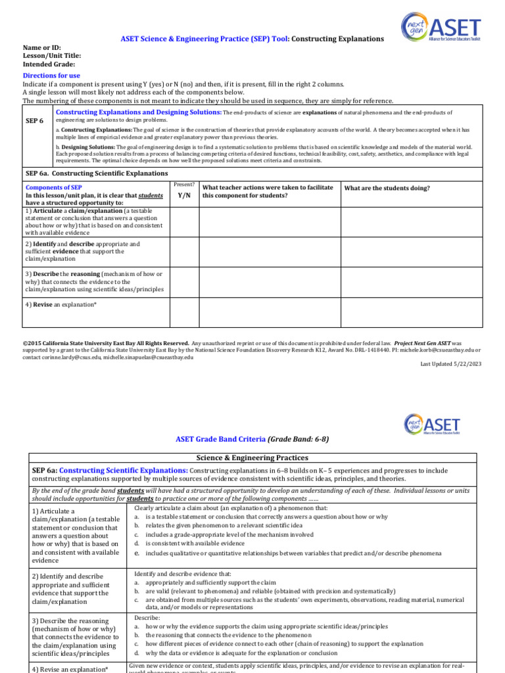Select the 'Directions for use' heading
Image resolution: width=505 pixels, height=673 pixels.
click(x=51, y=76)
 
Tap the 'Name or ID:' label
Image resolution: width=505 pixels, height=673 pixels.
click(x=41, y=48)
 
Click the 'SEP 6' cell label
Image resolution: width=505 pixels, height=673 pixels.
click(x=36, y=122)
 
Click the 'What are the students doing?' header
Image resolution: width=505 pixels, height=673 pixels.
click(x=387, y=188)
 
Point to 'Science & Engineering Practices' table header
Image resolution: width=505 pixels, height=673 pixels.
click(x=252, y=457)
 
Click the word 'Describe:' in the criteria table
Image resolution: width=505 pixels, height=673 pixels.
click(x=147, y=618)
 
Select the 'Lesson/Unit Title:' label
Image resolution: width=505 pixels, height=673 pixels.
click(x=52, y=56)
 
